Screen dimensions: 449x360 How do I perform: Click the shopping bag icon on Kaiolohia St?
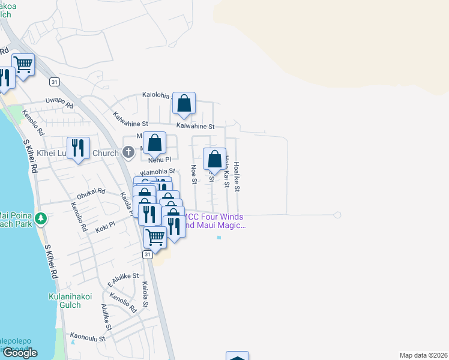(x=184, y=103)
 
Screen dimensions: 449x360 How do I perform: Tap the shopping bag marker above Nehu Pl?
(x=154, y=143)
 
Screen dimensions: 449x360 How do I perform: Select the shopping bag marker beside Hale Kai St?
(x=215, y=159)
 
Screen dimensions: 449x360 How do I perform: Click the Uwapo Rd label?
(x=59, y=103)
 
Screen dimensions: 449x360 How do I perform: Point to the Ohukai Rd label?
(x=91, y=193)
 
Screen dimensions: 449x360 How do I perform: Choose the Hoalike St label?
(x=237, y=176)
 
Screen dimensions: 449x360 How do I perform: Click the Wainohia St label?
(x=157, y=171)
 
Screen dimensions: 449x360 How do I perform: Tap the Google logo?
(x=20, y=352)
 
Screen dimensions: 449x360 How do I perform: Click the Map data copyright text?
(x=423, y=355)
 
